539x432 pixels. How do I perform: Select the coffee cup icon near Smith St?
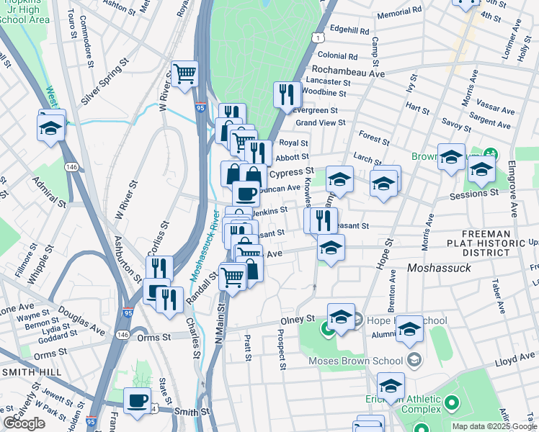(x=137, y=402)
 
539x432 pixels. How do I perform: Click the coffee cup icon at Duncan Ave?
(x=246, y=193)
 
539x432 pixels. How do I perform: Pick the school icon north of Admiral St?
(x=51, y=127)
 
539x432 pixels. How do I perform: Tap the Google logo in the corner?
(x=24, y=423)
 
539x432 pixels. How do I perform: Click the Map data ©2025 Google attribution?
(x=494, y=426)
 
